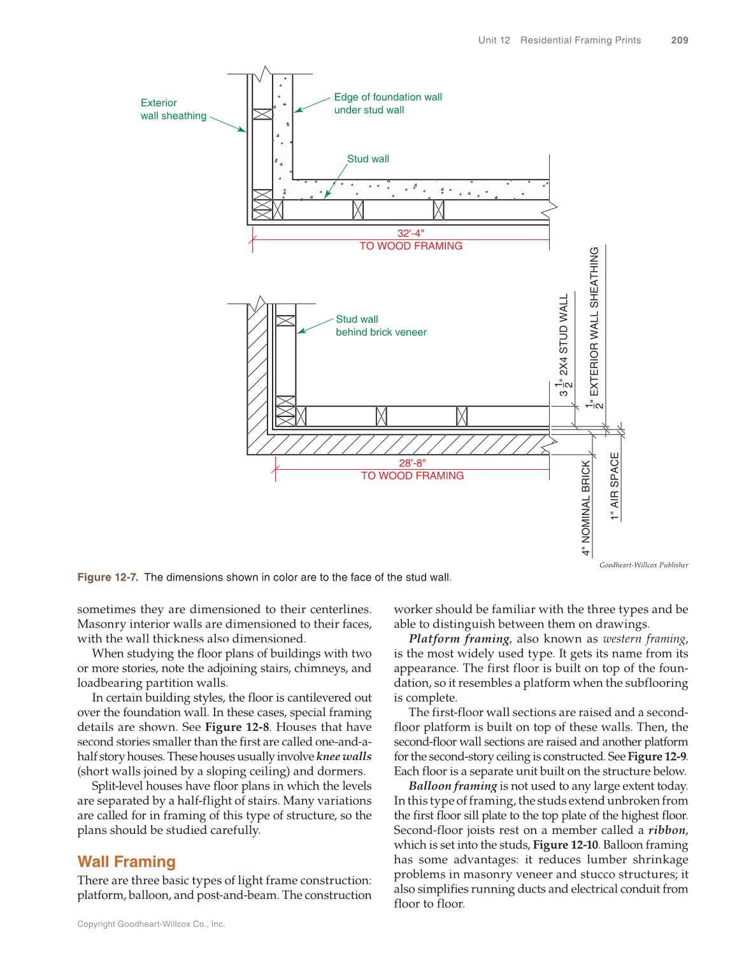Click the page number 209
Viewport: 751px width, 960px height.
tap(679, 40)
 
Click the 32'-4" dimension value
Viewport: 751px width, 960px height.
tap(411, 234)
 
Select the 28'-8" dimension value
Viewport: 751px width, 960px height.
tap(412, 463)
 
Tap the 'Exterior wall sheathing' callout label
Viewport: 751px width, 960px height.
tap(173, 109)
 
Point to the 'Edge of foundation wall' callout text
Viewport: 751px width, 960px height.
tap(387, 97)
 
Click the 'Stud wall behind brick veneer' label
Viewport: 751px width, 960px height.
tap(380, 326)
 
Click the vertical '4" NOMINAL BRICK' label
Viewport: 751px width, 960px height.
tap(586, 507)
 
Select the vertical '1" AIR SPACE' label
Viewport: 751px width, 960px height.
tap(615, 486)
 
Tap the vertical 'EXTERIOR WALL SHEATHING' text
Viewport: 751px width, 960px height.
tap(594, 321)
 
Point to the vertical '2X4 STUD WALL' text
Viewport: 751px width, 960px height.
tap(564, 334)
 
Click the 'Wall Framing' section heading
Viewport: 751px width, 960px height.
tap(126, 862)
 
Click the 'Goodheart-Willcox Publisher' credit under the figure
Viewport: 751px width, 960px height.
tap(643, 565)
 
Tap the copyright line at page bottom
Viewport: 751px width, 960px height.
tap(151, 924)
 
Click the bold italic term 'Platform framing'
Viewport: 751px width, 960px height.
tap(459, 639)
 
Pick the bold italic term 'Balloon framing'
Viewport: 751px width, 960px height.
tap(452, 786)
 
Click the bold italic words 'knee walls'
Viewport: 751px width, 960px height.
tap(344, 757)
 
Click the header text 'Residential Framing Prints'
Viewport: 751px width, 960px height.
tap(580, 40)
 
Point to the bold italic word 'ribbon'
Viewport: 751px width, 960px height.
tap(668, 831)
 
